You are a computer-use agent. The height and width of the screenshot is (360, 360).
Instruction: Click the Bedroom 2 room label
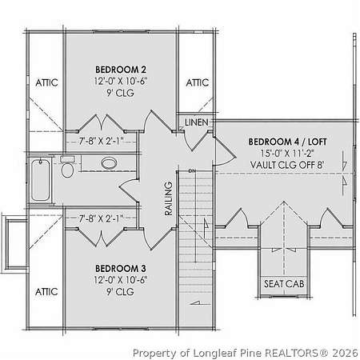(121, 70)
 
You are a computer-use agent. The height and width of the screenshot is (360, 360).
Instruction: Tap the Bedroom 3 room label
(121, 268)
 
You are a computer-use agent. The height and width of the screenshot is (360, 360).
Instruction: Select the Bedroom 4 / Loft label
(287, 142)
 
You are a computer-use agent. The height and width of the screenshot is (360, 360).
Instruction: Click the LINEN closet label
(197, 122)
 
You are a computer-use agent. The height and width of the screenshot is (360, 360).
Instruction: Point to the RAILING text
(169, 198)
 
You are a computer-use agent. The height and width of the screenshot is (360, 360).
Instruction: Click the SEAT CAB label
(284, 284)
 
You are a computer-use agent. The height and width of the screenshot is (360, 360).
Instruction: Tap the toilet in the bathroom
(67, 167)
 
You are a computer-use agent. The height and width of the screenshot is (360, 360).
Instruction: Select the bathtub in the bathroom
(41, 179)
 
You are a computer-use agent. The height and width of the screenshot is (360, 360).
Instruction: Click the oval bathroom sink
(109, 163)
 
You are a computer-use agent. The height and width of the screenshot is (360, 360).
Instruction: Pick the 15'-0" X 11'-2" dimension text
(287, 154)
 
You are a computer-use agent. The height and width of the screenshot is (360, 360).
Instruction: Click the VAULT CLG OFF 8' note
(287, 165)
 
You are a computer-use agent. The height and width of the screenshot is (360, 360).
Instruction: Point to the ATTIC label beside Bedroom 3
(46, 292)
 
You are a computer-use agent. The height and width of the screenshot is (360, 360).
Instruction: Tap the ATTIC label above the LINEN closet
(197, 82)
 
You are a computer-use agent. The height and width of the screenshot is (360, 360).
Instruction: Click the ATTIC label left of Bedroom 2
(46, 82)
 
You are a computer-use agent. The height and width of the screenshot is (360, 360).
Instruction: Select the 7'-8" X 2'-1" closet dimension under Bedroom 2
(101, 141)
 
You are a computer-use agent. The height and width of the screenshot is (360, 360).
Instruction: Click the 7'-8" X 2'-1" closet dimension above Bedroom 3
(101, 219)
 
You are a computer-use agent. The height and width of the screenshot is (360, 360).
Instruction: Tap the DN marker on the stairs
(192, 171)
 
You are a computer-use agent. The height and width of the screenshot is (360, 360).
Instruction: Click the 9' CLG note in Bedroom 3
(120, 292)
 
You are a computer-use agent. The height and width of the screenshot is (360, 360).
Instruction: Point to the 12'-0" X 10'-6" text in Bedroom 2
(121, 81)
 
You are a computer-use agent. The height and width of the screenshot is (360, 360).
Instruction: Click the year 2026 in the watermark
(345, 353)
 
